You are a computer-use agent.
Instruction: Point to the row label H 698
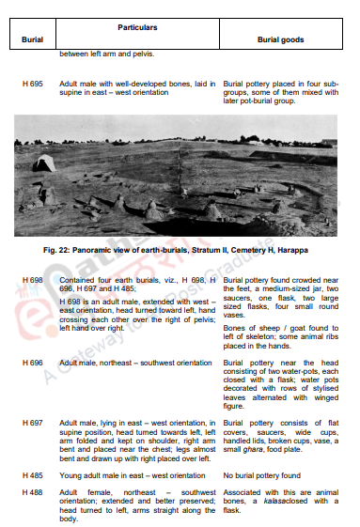pos(33,280)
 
